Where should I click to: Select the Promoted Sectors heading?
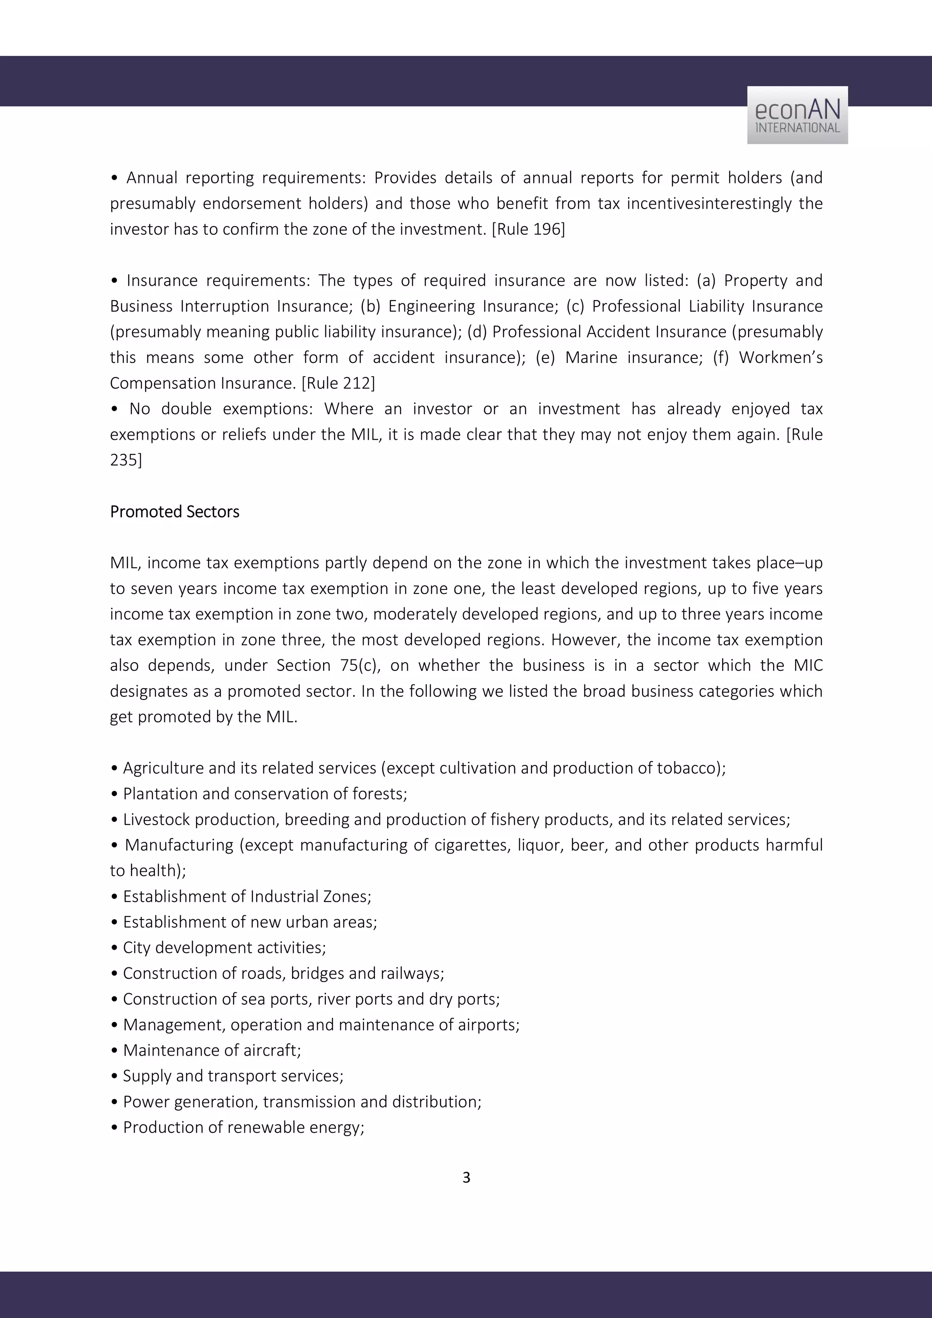[175, 512]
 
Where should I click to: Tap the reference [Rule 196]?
[528, 229]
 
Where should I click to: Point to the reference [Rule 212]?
[338, 383]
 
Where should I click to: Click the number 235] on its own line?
[126, 460]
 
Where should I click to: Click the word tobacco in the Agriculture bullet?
[688, 768]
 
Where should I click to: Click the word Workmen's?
[780, 357]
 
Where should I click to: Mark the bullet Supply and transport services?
[233, 1076]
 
